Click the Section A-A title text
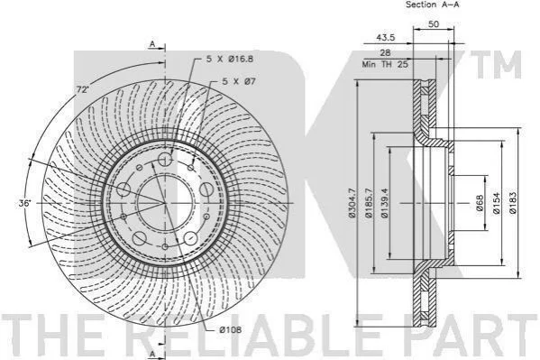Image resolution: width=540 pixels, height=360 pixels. click(432, 5)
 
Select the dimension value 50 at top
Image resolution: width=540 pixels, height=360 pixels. click(433, 24)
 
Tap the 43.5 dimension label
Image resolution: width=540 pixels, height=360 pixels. click(385, 38)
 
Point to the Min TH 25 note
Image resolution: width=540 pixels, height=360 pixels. click(385, 64)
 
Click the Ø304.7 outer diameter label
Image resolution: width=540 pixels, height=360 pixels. click(352, 203)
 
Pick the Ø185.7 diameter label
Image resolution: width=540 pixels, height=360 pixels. click(369, 203)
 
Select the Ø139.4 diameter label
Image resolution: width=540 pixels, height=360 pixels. click(385, 203)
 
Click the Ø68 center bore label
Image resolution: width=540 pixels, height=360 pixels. click(481, 203)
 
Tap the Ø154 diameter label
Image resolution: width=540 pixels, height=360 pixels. click(496, 203)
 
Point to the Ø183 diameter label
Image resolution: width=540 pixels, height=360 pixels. click(513, 203)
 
